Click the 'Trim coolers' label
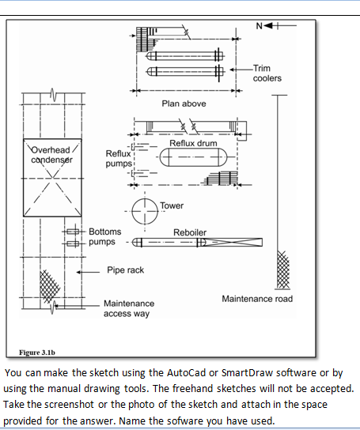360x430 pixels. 267,74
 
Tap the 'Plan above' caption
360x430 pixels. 184,104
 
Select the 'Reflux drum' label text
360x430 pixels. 193,142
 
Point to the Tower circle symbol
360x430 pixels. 144,212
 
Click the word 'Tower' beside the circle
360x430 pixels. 172,206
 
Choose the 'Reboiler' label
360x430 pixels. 190,232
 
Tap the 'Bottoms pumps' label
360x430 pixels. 104,236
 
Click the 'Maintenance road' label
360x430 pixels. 257,299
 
